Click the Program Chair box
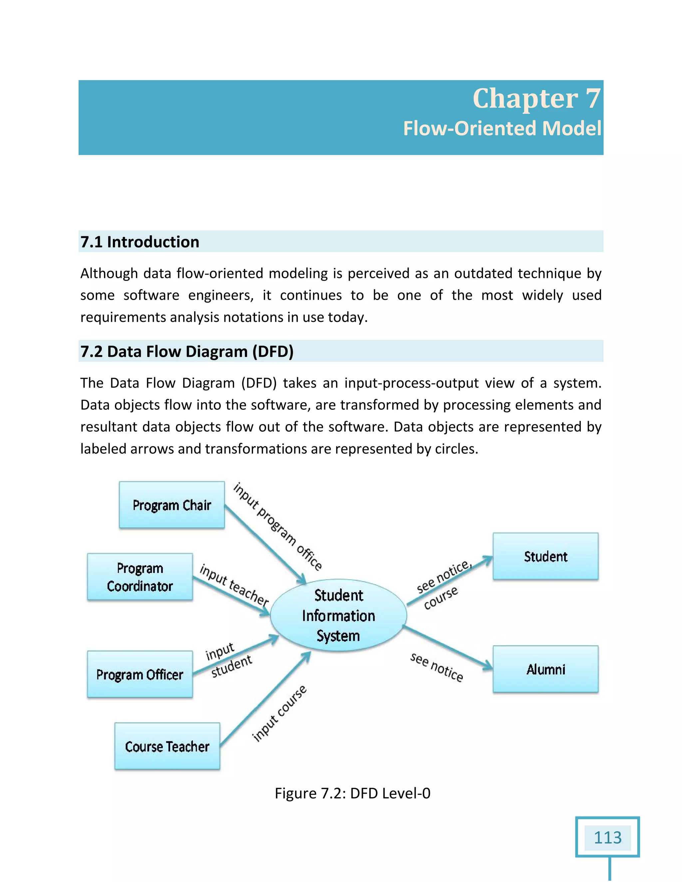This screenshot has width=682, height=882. (172, 505)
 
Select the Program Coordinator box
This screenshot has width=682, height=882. (140, 577)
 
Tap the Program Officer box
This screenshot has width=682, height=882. (140, 674)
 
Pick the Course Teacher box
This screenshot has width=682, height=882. (167, 746)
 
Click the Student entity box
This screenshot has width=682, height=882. (545, 556)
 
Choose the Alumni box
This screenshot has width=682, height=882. (545, 669)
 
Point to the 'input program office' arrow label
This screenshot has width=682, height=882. (278, 526)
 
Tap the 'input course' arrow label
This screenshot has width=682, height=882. (279, 714)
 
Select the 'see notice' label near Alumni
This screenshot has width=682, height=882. (436, 667)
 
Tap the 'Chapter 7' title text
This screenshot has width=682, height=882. (536, 98)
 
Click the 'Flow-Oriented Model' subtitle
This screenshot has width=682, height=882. (502, 128)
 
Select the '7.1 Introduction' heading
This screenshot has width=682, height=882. (140, 242)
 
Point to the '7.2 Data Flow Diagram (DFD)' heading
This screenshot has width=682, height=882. (187, 351)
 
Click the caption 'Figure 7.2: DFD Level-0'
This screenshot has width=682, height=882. (352, 793)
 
